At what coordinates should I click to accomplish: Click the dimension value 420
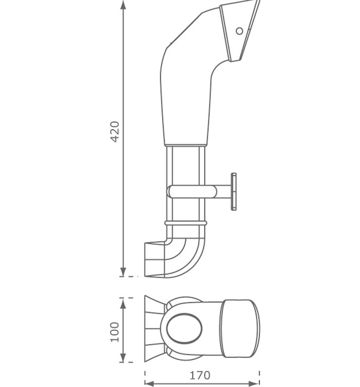(115, 132)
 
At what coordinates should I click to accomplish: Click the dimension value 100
(115, 332)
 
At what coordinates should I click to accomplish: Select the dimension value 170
(200, 375)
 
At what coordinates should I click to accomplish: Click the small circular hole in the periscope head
(240, 31)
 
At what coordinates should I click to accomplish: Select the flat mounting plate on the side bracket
(234, 191)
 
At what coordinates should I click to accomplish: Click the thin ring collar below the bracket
(185, 222)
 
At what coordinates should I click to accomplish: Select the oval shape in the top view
(184, 329)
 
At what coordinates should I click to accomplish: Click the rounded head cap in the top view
(240, 329)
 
